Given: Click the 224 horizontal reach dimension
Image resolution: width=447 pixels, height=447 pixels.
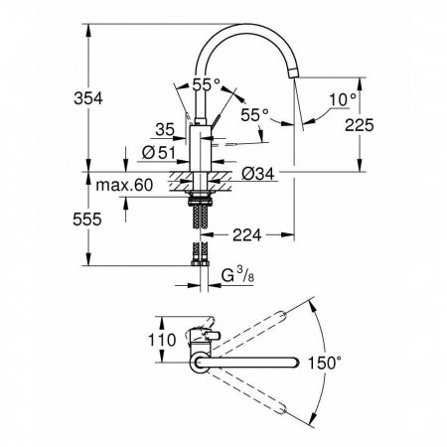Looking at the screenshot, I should coord(250,234).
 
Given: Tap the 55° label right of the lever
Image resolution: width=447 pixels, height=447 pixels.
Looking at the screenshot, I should coord(252,116).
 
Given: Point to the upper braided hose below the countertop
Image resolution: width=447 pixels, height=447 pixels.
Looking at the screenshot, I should coord(203,212).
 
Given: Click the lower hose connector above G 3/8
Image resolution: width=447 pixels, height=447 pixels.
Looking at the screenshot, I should coord(203,257).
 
